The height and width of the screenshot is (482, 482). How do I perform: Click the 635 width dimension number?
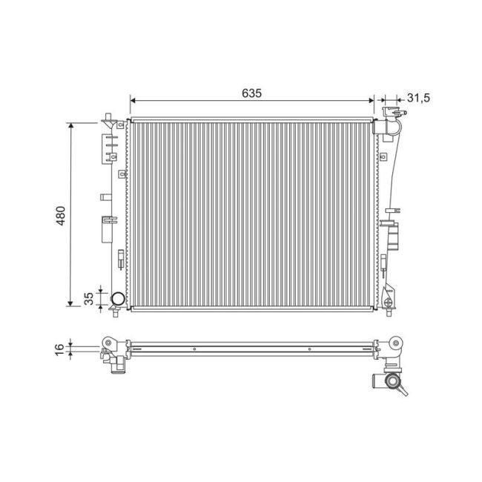coord(252,93)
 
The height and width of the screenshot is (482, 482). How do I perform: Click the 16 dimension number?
coord(60,349)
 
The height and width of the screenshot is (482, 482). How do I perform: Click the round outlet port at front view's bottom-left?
coord(118,300)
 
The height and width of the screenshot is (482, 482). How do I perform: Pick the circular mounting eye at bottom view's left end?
coord(108,343)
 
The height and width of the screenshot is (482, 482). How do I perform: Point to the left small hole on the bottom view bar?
coord(193,348)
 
